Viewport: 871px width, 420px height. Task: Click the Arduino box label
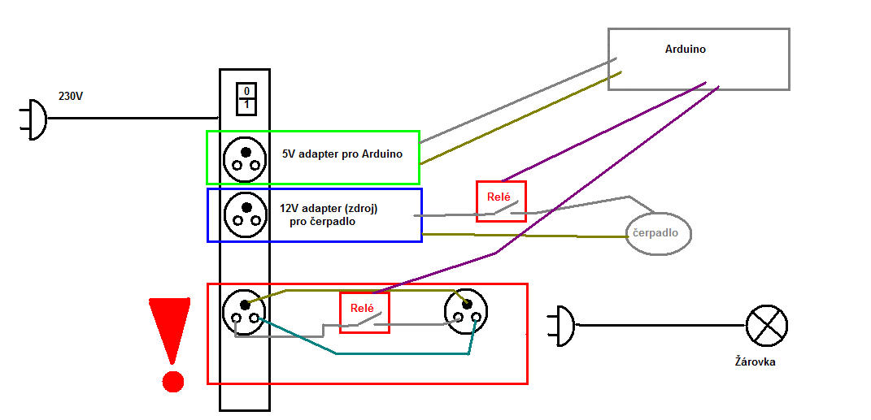[685, 50]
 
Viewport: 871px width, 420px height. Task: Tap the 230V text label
[71, 96]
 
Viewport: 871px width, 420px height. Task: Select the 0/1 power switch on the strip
[246, 97]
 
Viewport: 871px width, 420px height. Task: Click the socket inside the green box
[245, 158]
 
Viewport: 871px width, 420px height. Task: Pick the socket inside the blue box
[245, 214]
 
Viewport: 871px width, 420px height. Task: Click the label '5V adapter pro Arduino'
[342, 154]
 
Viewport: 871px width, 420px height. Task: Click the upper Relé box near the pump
[501, 201]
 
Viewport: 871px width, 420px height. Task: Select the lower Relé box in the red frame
[364, 312]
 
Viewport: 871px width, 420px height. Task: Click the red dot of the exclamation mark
[172, 381]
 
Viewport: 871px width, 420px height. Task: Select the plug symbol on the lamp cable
[564, 326]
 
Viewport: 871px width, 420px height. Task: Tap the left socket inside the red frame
[244, 312]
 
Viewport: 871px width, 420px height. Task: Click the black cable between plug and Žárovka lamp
[659, 326]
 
